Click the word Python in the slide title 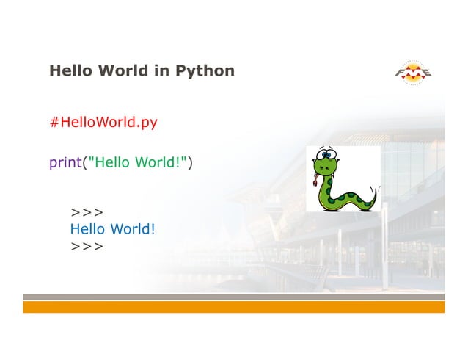[x=205, y=71]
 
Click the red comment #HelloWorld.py [x=103, y=122]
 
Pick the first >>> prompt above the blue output [x=87, y=212]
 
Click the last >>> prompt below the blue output [x=87, y=246]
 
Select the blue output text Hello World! [x=112, y=229]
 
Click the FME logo [x=414, y=72]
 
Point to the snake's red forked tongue [x=316, y=180]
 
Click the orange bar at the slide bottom [x=233, y=306]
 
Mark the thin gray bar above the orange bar [x=233, y=297]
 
